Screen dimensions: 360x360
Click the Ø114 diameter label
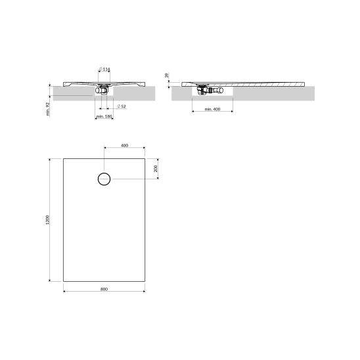coord(104,69)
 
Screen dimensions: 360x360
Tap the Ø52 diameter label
coord(122,106)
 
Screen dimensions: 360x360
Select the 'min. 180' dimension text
coord(104,116)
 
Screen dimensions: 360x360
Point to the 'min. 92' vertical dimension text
coord(48,109)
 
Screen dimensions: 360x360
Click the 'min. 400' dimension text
coord(212,109)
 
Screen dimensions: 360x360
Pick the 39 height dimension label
coord(167,75)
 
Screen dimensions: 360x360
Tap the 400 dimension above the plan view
coord(124,145)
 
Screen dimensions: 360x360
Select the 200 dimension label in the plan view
coord(156,169)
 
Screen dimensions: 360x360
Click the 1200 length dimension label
coord(47,220)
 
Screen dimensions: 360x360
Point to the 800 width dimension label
coord(104,289)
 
